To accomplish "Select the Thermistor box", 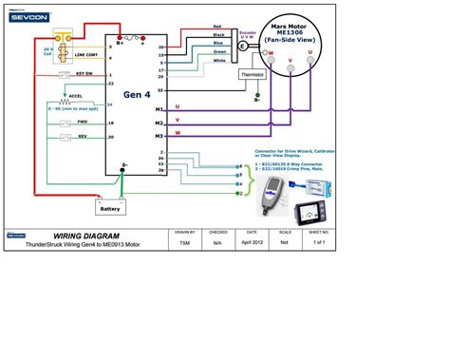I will [x=253, y=74].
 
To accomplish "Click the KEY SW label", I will [x=84, y=73].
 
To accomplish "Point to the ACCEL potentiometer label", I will [x=75, y=96].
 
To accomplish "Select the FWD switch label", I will [x=83, y=122].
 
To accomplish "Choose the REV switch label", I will [x=83, y=137].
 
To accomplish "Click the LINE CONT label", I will [x=85, y=56].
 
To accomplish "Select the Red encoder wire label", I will [x=217, y=27].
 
